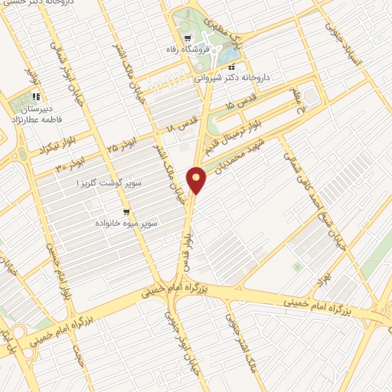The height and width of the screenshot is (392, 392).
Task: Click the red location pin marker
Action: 198,178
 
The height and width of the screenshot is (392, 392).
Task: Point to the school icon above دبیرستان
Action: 35,97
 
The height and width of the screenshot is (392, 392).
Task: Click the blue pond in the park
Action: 228,54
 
